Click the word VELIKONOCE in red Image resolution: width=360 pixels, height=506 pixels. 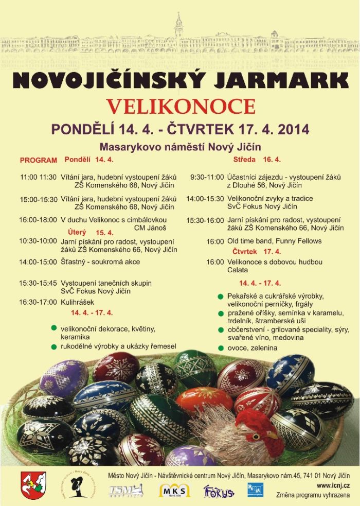pos(180,106)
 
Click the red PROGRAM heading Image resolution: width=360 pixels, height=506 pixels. pos(38,160)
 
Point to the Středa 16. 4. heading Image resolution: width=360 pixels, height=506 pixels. pos(257,160)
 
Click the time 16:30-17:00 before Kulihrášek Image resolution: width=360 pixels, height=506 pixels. pos(38,302)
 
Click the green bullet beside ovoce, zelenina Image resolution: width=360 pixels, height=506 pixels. pos(221,348)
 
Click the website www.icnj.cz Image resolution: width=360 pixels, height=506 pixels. pos(334,485)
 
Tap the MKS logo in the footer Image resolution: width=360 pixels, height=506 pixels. pos(174,490)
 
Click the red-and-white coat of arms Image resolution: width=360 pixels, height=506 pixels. pos(33,485)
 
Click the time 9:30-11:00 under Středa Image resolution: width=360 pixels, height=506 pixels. pos(207,177)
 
